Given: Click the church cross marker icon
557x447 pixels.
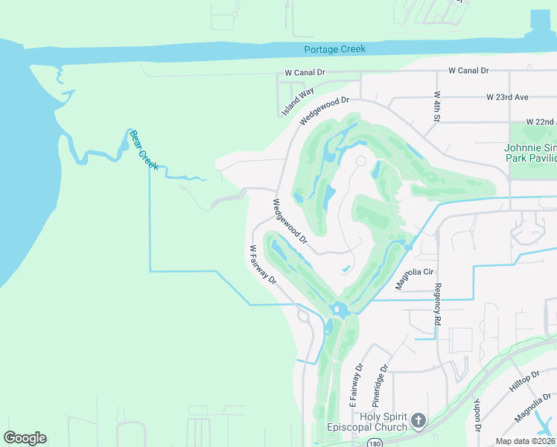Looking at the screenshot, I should [418, 422].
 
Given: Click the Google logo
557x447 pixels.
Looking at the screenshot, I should [25, 438].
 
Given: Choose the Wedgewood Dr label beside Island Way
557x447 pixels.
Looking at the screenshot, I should [324, 111].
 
